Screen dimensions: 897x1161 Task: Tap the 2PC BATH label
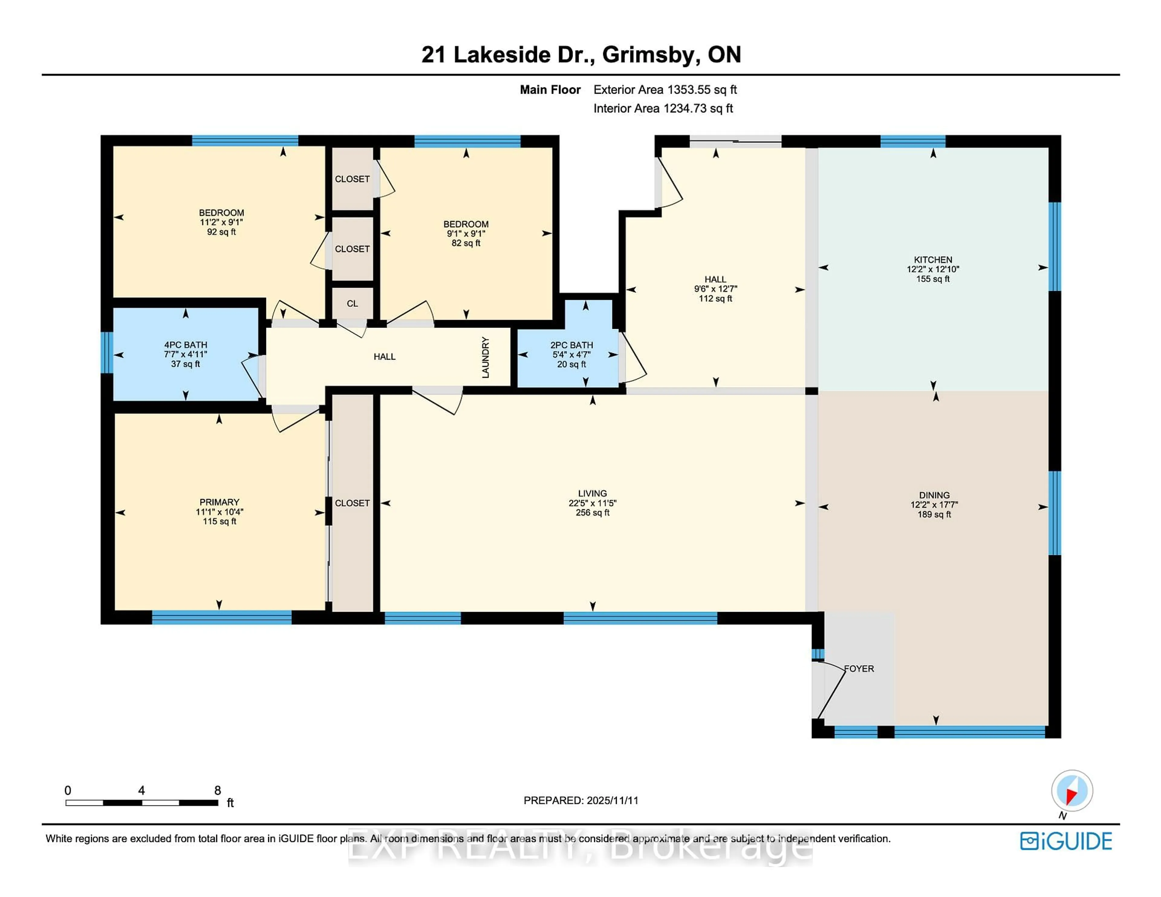tap(571, 345)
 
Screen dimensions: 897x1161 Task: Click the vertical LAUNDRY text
tap(485, 357)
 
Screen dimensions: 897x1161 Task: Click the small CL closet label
tap(352, 303)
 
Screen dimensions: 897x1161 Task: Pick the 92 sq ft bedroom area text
tap(221, 232)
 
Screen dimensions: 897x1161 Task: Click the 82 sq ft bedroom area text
tap(466, 243)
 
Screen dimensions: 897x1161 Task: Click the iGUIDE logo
tap(1066, 841)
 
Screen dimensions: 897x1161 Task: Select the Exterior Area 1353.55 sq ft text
tap(665, 90)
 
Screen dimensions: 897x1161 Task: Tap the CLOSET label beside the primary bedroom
tap(352, 503)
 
